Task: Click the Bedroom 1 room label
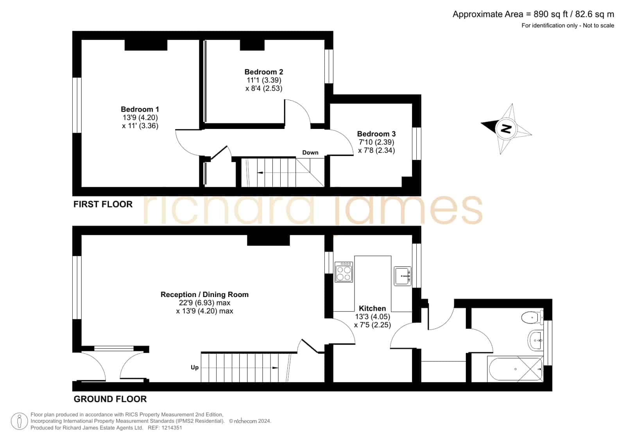140,109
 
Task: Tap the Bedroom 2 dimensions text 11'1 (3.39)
264,80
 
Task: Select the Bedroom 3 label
376,134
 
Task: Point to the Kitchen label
372,308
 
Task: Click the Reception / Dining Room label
204,294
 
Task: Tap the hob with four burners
344,272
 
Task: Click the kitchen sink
403,276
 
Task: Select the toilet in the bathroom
532,318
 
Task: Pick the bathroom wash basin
535,340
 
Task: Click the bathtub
515,369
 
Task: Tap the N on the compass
506,129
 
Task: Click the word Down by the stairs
310,153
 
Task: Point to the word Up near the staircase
195,367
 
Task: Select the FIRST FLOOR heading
103,204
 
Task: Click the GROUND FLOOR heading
110,399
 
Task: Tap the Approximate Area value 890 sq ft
550,14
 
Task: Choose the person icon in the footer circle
19,421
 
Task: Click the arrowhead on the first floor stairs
260,173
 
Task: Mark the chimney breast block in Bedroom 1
146,45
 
